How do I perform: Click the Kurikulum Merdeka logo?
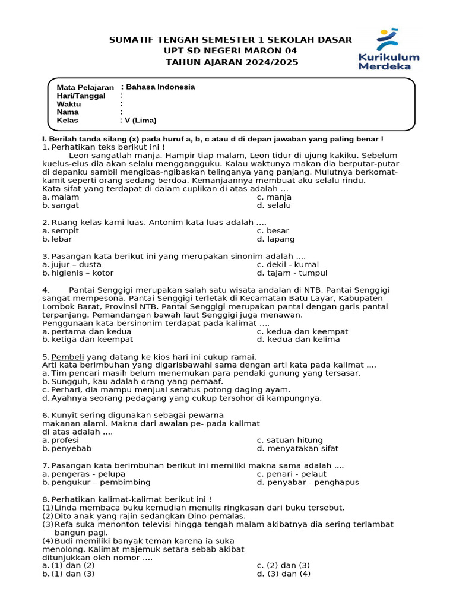pyautogui.click(x=388, y=50)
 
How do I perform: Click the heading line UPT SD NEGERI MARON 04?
pyautogui.click(x=231, y=51)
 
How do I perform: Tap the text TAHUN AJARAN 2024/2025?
pyautogui.click(x=231, y=62)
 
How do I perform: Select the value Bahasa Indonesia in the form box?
pyautogui.click(x=159, y=87)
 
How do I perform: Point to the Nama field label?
pyautogui.click(x=68, y=112)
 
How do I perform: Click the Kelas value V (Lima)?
pyautogui.click(x=140, y=121)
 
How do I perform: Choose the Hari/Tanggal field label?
pyautogui.click(x=81, y=96)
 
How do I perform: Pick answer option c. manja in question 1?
pyautogui.click(x=274, y=197)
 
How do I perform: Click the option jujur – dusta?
pyautogui.click(x=76, y=265)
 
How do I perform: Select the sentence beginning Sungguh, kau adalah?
pyautogui.click(x=137, y=382)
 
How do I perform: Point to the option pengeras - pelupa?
pyautogui.click(x=88, y=474)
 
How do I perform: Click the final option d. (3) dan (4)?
pyautogui.click(x=283, y=574)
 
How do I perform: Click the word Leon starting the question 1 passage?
pyautogui.click(x=79, y=156)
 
